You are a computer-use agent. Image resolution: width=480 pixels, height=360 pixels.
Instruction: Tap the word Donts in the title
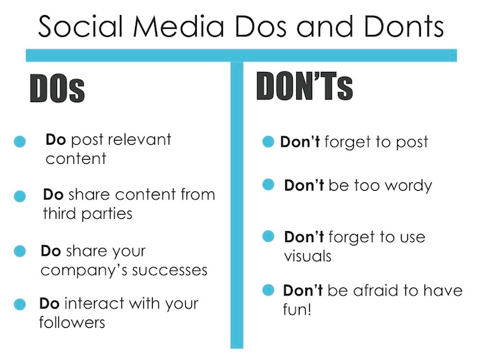coord(404,26)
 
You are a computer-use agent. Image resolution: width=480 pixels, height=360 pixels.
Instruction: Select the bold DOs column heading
coord(57,88)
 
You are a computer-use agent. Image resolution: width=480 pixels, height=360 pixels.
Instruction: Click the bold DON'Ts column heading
coord(304,86)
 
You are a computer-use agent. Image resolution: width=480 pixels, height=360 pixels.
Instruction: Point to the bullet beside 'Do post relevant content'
coord(20,141)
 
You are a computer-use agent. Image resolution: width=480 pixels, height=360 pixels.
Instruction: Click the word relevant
coord(140,140)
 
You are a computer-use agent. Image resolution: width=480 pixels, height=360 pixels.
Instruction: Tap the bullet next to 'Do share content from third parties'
coord(20,196)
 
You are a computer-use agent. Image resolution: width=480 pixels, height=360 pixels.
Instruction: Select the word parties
coord(107,214)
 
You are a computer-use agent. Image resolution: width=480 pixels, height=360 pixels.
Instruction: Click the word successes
coord(169,270)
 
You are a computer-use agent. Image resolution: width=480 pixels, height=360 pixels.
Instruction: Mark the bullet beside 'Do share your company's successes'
coord(20,251)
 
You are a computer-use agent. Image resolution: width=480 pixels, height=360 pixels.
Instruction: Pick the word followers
coord(72,322)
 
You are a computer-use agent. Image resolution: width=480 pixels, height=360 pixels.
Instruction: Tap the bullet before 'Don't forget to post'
coord(268,142)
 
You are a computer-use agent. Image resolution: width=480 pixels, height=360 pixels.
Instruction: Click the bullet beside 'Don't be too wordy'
coord(269,184)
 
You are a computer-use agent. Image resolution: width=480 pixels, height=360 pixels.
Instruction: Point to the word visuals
coord(308,256)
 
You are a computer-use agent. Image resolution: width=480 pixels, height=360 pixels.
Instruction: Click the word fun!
coord(297,309)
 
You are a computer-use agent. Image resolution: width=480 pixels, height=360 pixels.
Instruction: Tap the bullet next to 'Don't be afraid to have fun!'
coord(269,290)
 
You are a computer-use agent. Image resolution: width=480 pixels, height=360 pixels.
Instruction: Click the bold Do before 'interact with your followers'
coord(49,304)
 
